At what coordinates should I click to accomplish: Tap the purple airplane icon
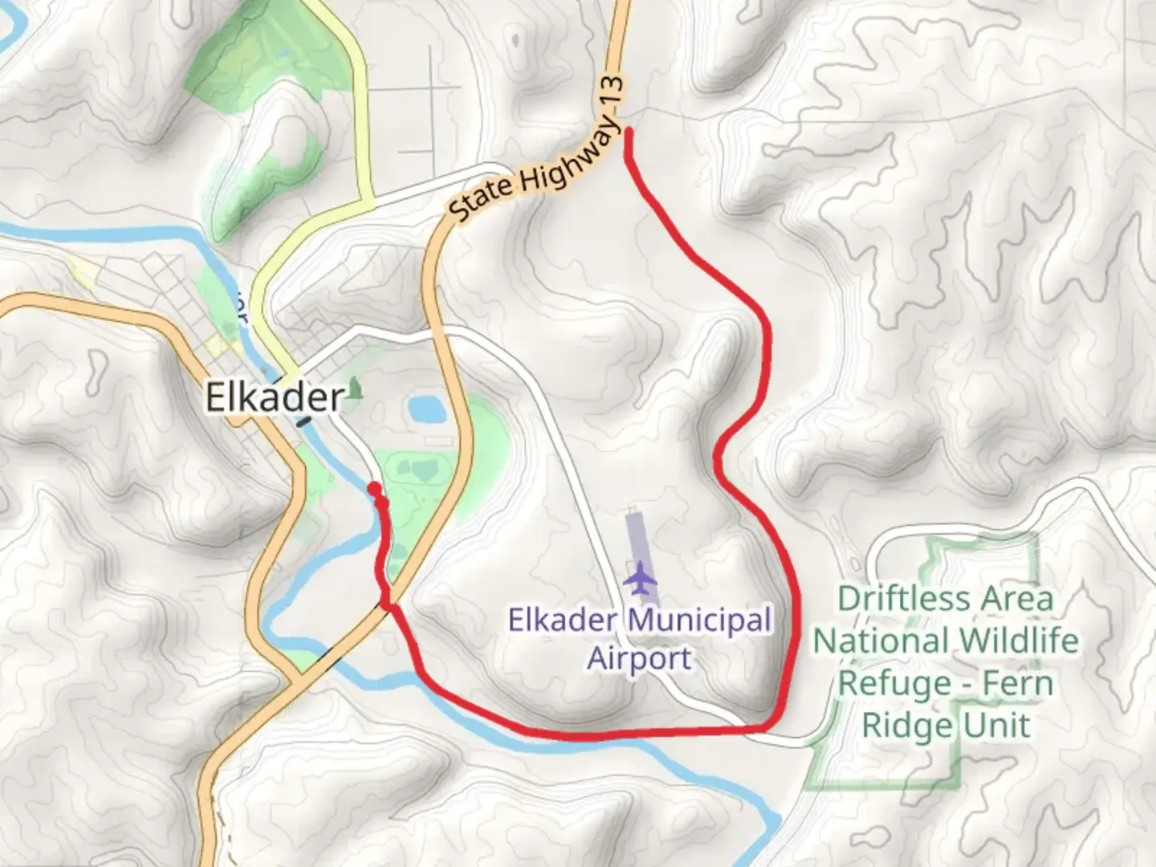click(x=640, y=579)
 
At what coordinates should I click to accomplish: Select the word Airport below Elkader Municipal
click(x=639, y=659)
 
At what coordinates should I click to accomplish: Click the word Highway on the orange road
click(x=571, y=161)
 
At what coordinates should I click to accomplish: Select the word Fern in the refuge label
click(x=1018, y=684)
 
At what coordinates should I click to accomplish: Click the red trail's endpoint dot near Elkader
click(x=374, y=489)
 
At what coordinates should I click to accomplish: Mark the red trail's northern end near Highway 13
click(x=628, y=132)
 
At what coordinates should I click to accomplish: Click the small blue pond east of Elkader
click(x=425, y=409)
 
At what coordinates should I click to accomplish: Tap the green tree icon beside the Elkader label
click(x=355, y=389)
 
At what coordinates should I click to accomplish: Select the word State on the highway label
click(x=480, y=197)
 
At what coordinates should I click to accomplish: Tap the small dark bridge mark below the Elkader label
click(x=304, y=420)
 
